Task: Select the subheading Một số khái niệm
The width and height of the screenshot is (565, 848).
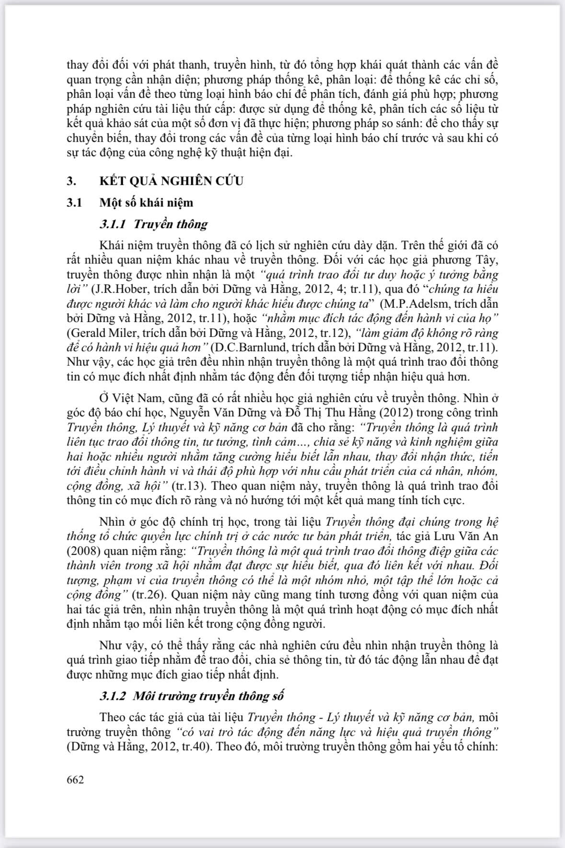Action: point(146,203)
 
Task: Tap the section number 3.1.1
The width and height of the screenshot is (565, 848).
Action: point(114,224)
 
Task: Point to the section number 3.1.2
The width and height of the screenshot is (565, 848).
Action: point(114,696)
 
